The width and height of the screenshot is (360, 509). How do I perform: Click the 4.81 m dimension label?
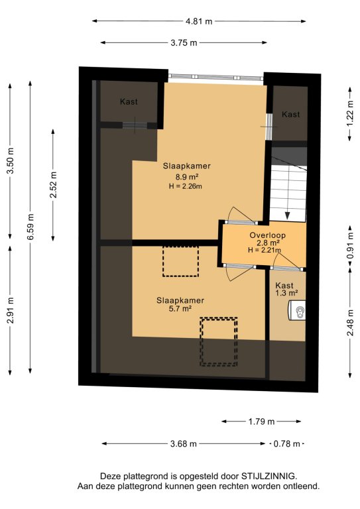coord(199,21)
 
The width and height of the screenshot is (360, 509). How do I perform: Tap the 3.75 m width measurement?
coord(184,42)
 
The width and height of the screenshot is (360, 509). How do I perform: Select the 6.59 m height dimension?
coord(30,227)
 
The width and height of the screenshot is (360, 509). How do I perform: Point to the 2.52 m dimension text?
coord(53,185)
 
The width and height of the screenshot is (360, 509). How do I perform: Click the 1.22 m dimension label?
coord(349,113)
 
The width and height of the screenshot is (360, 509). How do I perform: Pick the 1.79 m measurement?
coord(261,422)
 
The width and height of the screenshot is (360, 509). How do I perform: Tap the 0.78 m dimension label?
coord(286,443)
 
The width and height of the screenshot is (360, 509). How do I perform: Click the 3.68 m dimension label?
coord(184,443)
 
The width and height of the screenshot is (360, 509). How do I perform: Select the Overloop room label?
coord(267,235)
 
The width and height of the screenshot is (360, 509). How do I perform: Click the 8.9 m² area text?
coord(187,177)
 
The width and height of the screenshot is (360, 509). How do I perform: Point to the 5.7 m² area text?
coord(180,309)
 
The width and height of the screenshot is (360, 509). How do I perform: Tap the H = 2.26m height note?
coord(186,186)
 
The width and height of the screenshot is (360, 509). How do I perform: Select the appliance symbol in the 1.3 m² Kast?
coord(298,311)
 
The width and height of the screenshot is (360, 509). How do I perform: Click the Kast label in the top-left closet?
coord(129,101)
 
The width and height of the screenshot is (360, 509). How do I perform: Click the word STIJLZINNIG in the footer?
coord(269,477)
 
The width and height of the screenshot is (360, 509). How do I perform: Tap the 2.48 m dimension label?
coord(349,323)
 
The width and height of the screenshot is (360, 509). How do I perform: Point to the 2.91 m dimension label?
coord(11,310)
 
